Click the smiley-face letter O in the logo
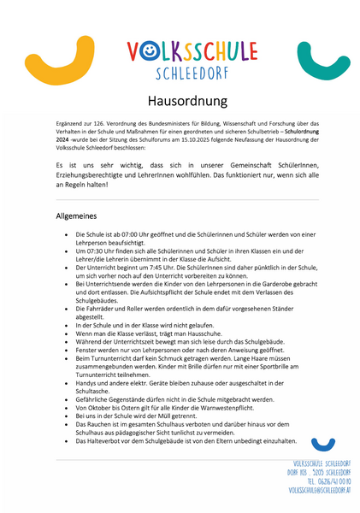point(147,54)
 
